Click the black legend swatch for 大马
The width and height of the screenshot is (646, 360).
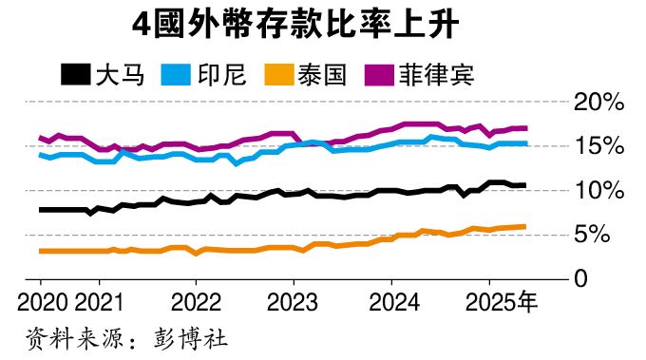tap(74, 73)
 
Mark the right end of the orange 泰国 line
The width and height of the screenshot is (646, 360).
tap(525, 226)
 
